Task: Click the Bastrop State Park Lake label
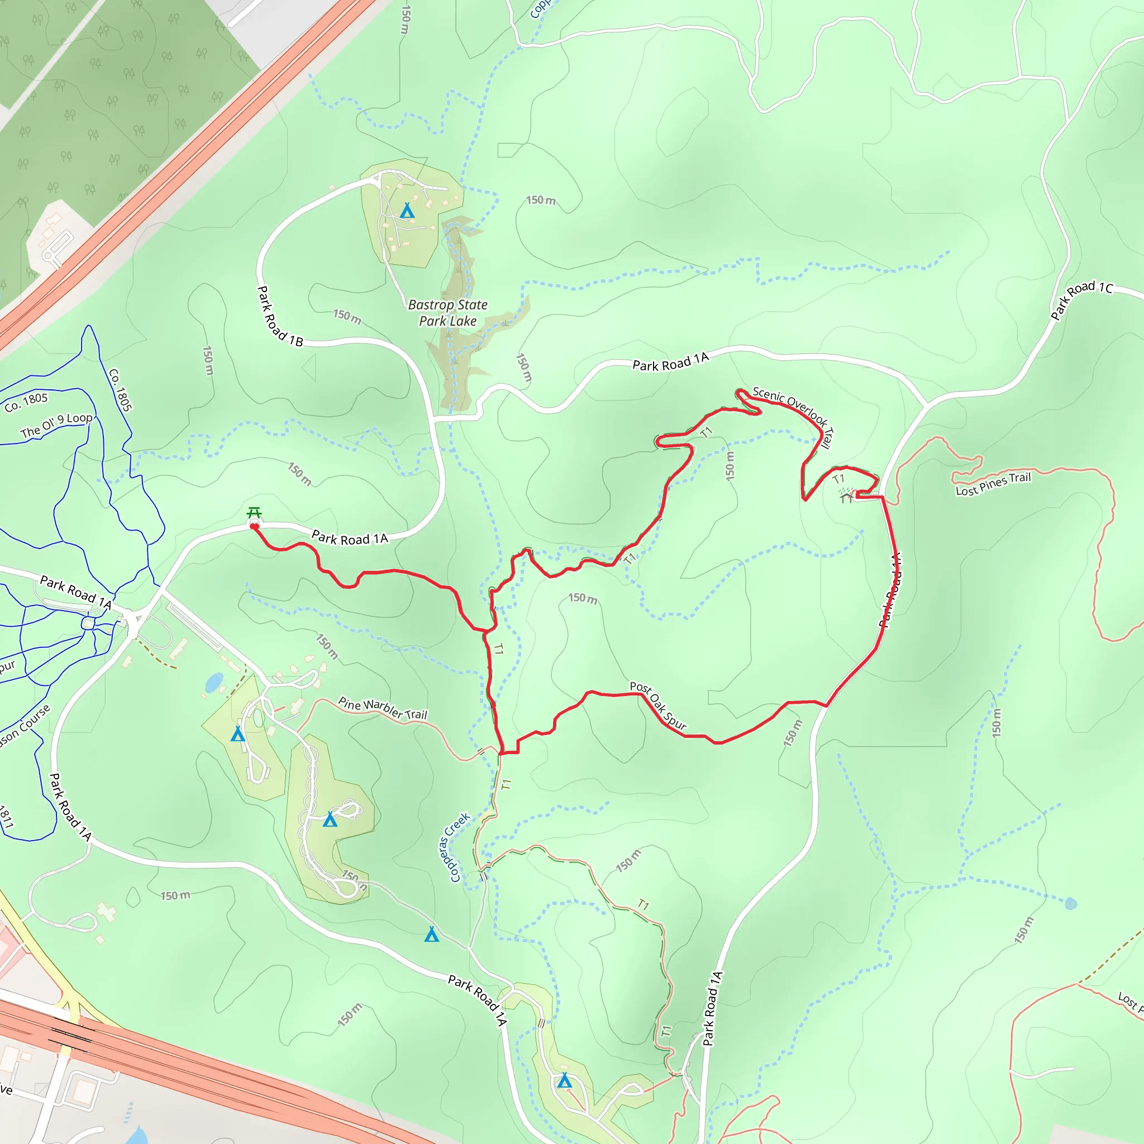point(447,313)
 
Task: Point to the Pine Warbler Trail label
point(383,708)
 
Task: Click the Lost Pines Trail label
point(993,484)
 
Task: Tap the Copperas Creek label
point(454,847)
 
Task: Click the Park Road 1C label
point(1081,298)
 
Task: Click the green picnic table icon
point(254,512)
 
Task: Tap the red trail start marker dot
point(254,526)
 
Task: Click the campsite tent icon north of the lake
point(407,211)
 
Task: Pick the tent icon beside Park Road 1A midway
point(432,935)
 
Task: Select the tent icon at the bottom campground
point(564,1081)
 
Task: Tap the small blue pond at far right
point(1071,904)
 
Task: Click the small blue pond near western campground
point(214,683)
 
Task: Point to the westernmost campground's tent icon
point(237,734)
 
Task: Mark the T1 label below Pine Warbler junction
point(506,785)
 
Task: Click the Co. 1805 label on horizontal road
point(26,402)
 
